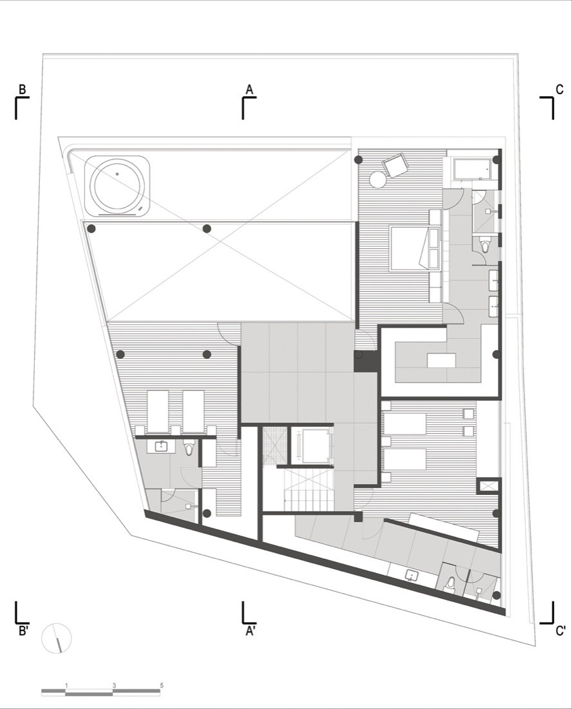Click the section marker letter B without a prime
[x=22, y=90]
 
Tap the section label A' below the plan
[x=251, y=631]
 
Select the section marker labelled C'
[x=560, y=631]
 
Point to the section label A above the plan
[x=249, y=89]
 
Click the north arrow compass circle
[x=57, y=639]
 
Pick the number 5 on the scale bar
[x=162, y=685]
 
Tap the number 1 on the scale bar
[x=66, y=685]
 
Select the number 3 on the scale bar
[x=114, y=685]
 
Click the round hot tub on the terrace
[x=117, y=186]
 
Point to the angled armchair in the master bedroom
[x=396, y=166]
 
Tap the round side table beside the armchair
[x=376, y=179]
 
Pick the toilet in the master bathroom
[x=485, y=244]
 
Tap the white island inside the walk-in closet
[x=441, y=360]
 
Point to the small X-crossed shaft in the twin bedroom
[x=488, y=485]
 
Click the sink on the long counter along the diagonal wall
[x=411, y=575]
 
